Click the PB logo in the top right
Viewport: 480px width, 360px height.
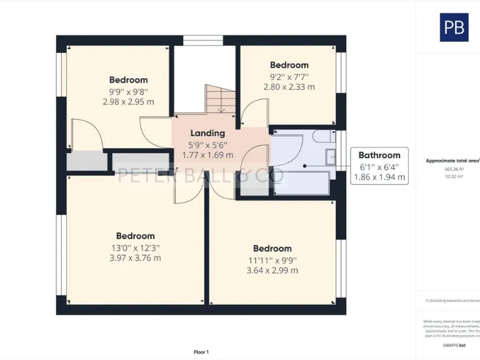[454, 27]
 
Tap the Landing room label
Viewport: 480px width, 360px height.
[207, 133]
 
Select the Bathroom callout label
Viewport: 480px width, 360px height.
[379, 155]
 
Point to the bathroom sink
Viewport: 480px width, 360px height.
[331, 156]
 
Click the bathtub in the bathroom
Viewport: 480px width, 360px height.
[302, 182]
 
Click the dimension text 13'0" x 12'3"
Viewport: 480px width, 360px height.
[135, 247]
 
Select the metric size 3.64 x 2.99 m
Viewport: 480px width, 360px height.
[272, 271]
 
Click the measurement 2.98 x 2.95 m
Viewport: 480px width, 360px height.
[128, 102]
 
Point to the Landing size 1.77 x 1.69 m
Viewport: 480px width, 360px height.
[207, 155]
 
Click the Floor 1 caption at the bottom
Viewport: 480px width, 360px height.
[201, 352]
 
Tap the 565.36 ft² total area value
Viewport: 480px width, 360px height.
[454, 169]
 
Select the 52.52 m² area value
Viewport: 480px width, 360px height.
[454, 177]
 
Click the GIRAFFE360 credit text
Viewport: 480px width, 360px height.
[454, 345]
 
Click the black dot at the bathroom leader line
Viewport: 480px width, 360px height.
[304, 166]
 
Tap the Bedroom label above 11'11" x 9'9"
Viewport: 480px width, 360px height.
[272, 248]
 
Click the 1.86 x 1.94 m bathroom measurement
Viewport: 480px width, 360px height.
[379, 177]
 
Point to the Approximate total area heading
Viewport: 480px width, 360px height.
[452, 161]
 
